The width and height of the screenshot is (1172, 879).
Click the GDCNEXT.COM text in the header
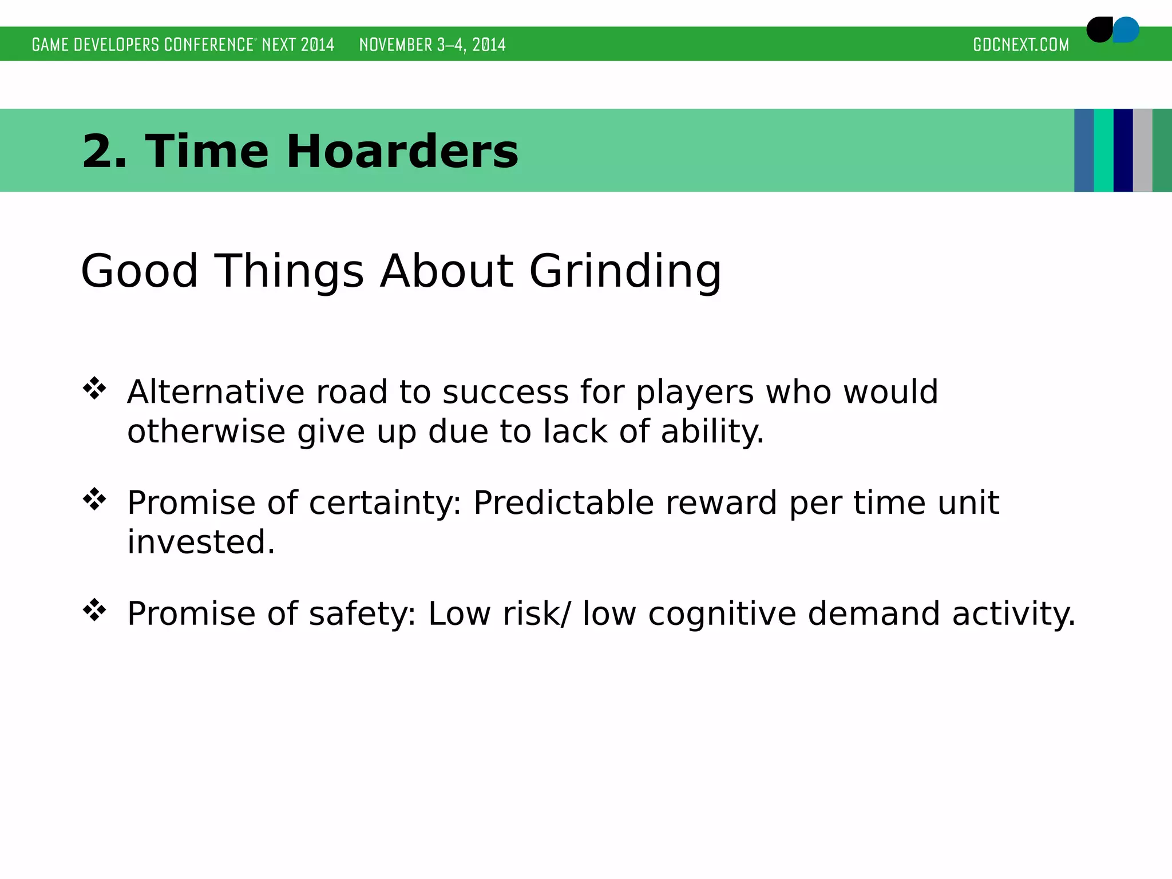(1021, 45)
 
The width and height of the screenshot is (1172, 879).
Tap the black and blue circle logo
(1112, 30)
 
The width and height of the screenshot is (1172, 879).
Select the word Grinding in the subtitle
(625, 271)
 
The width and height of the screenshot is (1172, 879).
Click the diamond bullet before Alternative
(94, 389)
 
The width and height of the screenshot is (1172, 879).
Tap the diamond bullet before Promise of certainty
(94, 500)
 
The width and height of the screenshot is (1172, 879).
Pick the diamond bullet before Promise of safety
(94, 611)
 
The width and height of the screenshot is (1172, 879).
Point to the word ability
(712, 431)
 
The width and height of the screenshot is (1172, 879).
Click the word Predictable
(563, 504)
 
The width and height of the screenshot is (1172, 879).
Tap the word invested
(201, 542)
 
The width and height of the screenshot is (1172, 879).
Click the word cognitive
(722, 614)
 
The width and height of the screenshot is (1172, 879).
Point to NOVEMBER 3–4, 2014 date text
(432, 45)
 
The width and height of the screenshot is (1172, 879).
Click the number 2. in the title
(104, 151)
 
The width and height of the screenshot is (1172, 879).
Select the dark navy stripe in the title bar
(1123, 151)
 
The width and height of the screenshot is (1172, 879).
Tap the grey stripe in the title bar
(1142, 151)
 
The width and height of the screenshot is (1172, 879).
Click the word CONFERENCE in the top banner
(209, 45)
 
